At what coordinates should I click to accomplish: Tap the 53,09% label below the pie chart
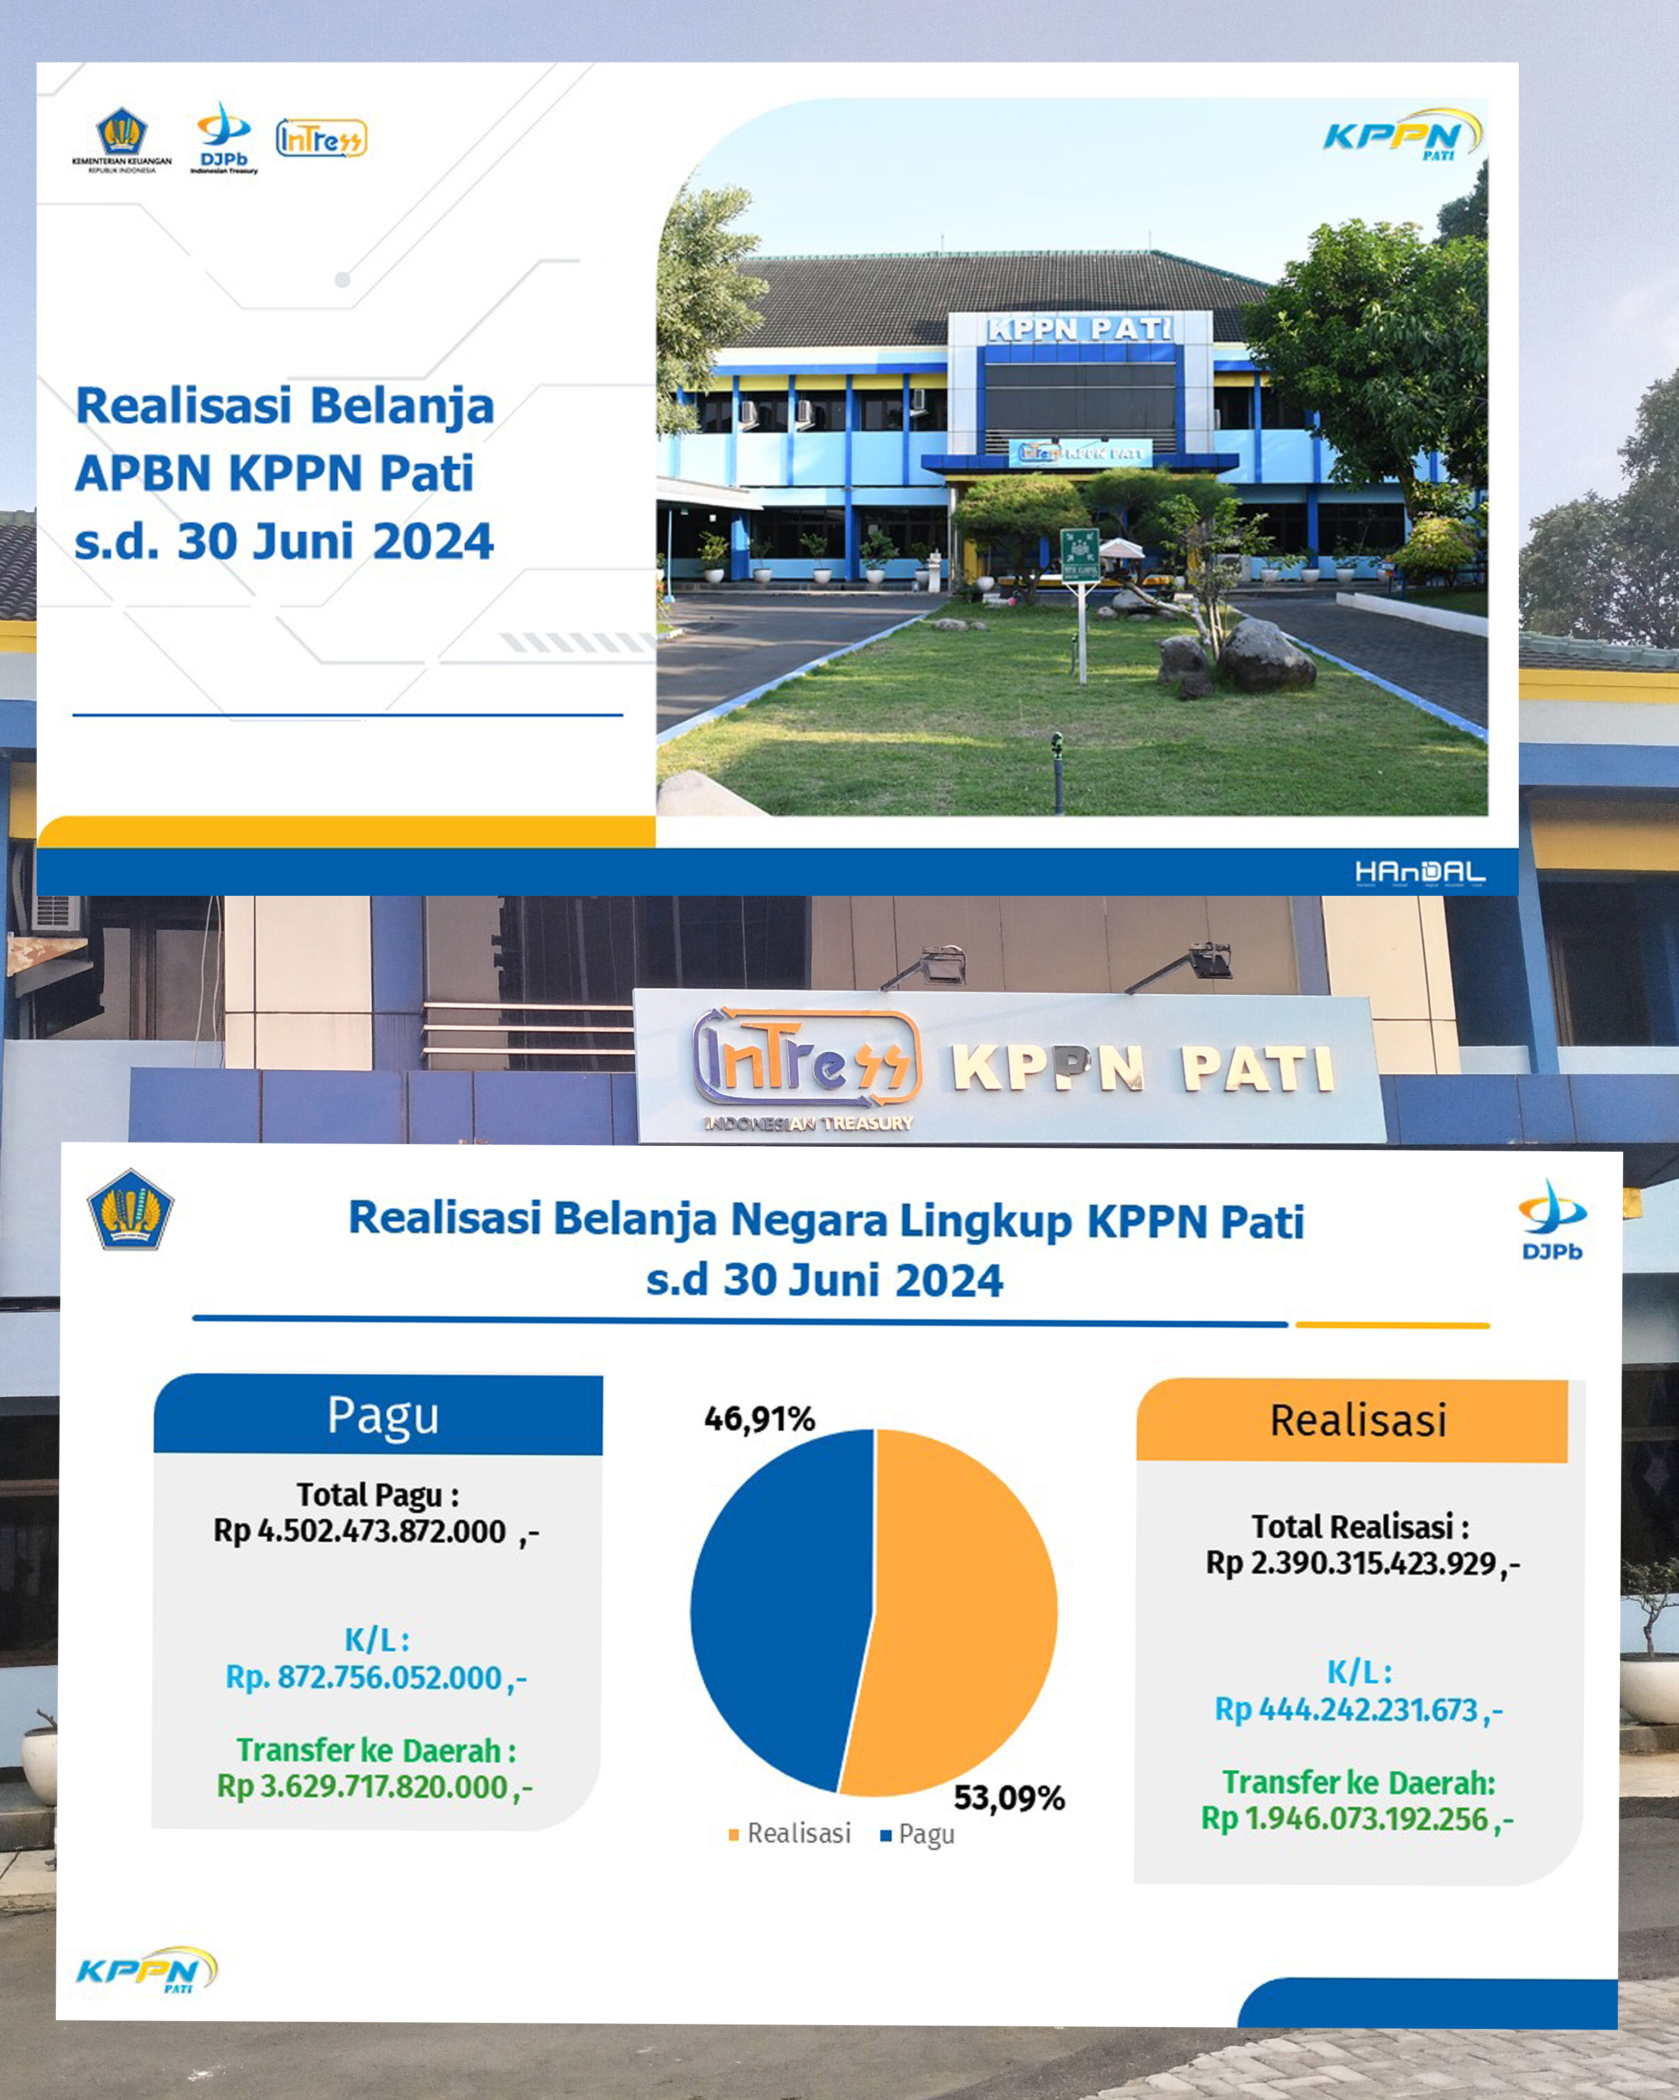(1009, 1797)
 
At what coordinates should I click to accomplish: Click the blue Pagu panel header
(378, 1414)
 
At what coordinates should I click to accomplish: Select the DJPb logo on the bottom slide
(1552, 1221)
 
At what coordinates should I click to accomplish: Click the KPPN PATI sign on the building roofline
(1080, 329)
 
